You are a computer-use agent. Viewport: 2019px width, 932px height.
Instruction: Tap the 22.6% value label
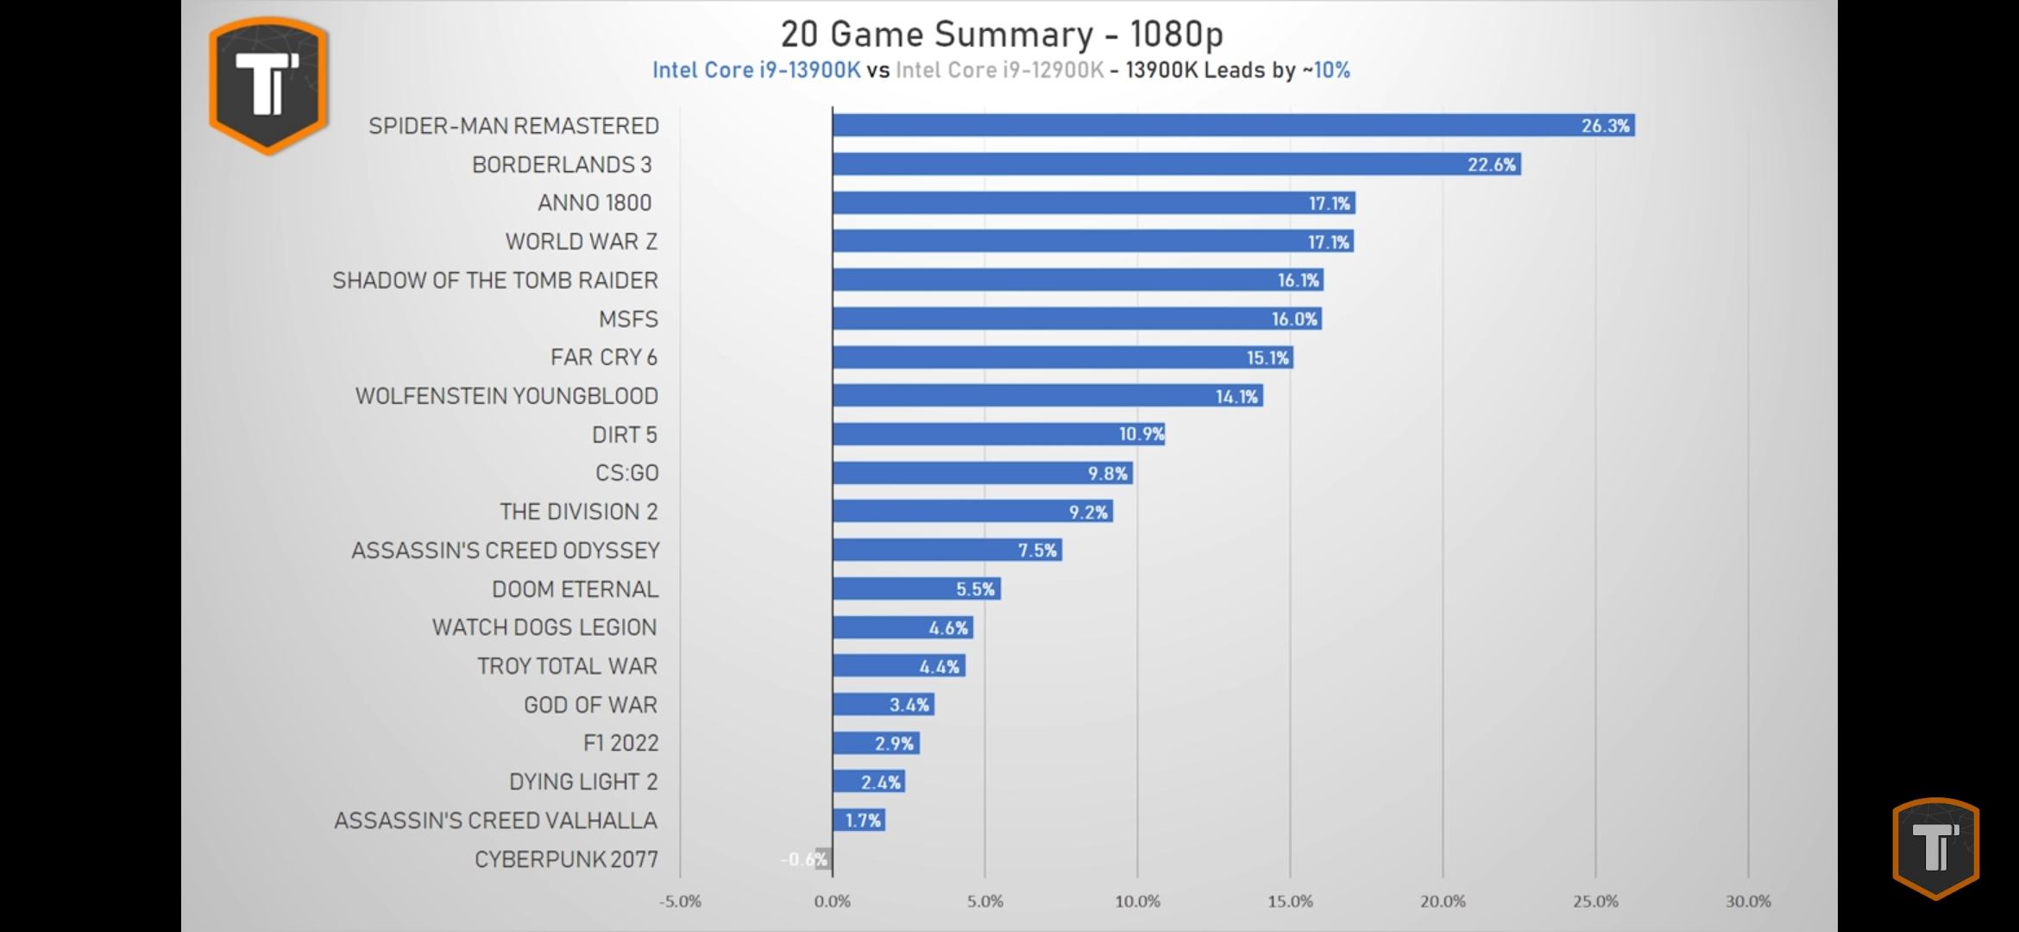1491,165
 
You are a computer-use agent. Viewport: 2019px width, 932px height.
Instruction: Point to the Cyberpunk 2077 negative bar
823,859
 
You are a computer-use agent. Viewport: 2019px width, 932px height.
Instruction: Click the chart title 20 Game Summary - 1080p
1001,35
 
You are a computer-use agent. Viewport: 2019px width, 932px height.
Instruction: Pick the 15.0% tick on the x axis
1290,902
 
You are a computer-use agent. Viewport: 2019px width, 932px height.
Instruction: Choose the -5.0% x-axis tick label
680,902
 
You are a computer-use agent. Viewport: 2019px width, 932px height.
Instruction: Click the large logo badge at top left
268,85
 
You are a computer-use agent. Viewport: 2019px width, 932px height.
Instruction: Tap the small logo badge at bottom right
1935,847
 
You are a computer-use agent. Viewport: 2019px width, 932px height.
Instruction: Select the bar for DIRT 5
998,434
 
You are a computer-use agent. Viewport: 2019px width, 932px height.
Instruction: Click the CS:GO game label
626,473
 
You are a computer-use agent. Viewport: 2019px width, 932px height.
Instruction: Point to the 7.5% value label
1036,551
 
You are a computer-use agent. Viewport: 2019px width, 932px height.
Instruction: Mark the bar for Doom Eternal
915,589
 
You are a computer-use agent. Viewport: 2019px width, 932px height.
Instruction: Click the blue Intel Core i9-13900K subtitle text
756,71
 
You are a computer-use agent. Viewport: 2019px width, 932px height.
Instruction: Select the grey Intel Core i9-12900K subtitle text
999,71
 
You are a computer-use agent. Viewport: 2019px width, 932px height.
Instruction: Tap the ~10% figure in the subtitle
1326,71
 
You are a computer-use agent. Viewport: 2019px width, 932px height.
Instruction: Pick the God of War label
590,705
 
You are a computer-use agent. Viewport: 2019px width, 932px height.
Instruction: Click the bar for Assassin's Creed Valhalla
859,820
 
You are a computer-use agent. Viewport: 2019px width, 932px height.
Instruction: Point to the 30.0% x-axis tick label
1747,902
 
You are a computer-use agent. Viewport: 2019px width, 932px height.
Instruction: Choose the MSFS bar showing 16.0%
1076,318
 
